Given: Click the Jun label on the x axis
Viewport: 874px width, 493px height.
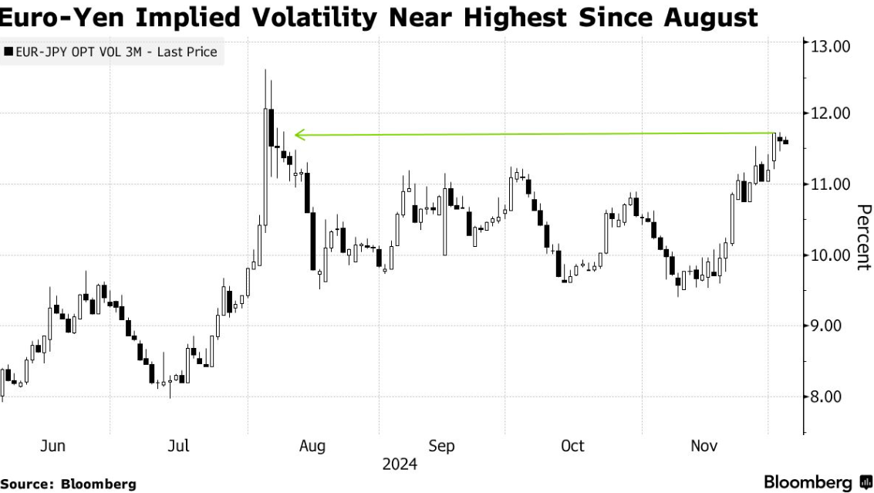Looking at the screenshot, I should pyautogui.click(x=52, y=446).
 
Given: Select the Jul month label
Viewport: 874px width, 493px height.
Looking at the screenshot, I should pyautogui.click(x=179, y=446).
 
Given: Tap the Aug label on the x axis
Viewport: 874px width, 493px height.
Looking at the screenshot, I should pyautogui.click(x=312, y=446).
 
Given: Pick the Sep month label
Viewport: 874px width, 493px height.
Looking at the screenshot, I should pyautogui.click(x=441, y=446).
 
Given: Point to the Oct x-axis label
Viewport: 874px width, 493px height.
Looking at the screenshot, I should pyautogui.click(x=572, y=446).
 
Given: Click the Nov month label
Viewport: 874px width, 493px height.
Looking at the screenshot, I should pyautogui.click(x=704, y=446).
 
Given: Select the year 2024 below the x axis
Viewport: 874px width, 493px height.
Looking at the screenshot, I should pyautogui.click(x=399, y=464).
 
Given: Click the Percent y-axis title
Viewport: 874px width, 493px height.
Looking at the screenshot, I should pyautogui.click(x=863, y=237).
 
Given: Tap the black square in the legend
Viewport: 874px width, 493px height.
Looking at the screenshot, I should pyautogui.click(x=8, y=52).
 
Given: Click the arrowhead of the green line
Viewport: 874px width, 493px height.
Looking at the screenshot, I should pyautogui.click(x=299, y=136).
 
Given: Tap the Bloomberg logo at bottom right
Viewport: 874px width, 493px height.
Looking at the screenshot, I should pyautogui.click(x=816, y=482).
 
